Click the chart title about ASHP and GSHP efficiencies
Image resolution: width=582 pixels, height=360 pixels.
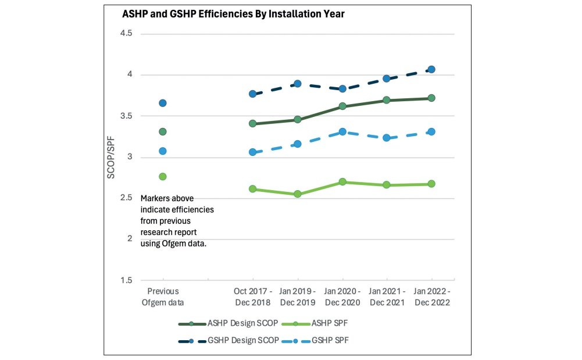tap(233, 15)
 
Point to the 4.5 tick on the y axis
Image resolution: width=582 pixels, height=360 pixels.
tap(126, 34)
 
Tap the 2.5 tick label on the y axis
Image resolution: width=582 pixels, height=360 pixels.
tap(126, 198)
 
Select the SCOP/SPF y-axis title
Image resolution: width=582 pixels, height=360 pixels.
tap(111, 158)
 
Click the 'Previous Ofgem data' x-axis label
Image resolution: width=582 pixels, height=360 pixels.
tap(163, 297)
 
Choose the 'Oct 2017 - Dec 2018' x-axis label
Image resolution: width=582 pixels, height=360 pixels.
tap(252, 297)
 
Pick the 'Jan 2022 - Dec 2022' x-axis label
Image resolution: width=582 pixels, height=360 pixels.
tap(431, 297)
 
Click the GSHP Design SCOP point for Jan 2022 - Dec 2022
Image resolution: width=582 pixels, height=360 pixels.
tap(431, 70)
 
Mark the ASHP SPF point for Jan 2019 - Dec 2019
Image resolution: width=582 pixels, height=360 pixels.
tap(297, 194)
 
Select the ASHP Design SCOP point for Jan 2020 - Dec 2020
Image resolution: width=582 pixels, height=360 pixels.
tap(342, 106)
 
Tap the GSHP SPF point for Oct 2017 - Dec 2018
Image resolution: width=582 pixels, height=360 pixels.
tap(252, 152)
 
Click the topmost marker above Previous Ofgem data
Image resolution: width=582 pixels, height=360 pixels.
tap(163, 103)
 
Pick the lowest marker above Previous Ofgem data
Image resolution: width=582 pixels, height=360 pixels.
tap(163, 176)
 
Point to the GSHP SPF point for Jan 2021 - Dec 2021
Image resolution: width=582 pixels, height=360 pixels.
tap(387, 138)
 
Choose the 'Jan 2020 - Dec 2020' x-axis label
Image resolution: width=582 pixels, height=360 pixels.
tap(342, 297)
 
